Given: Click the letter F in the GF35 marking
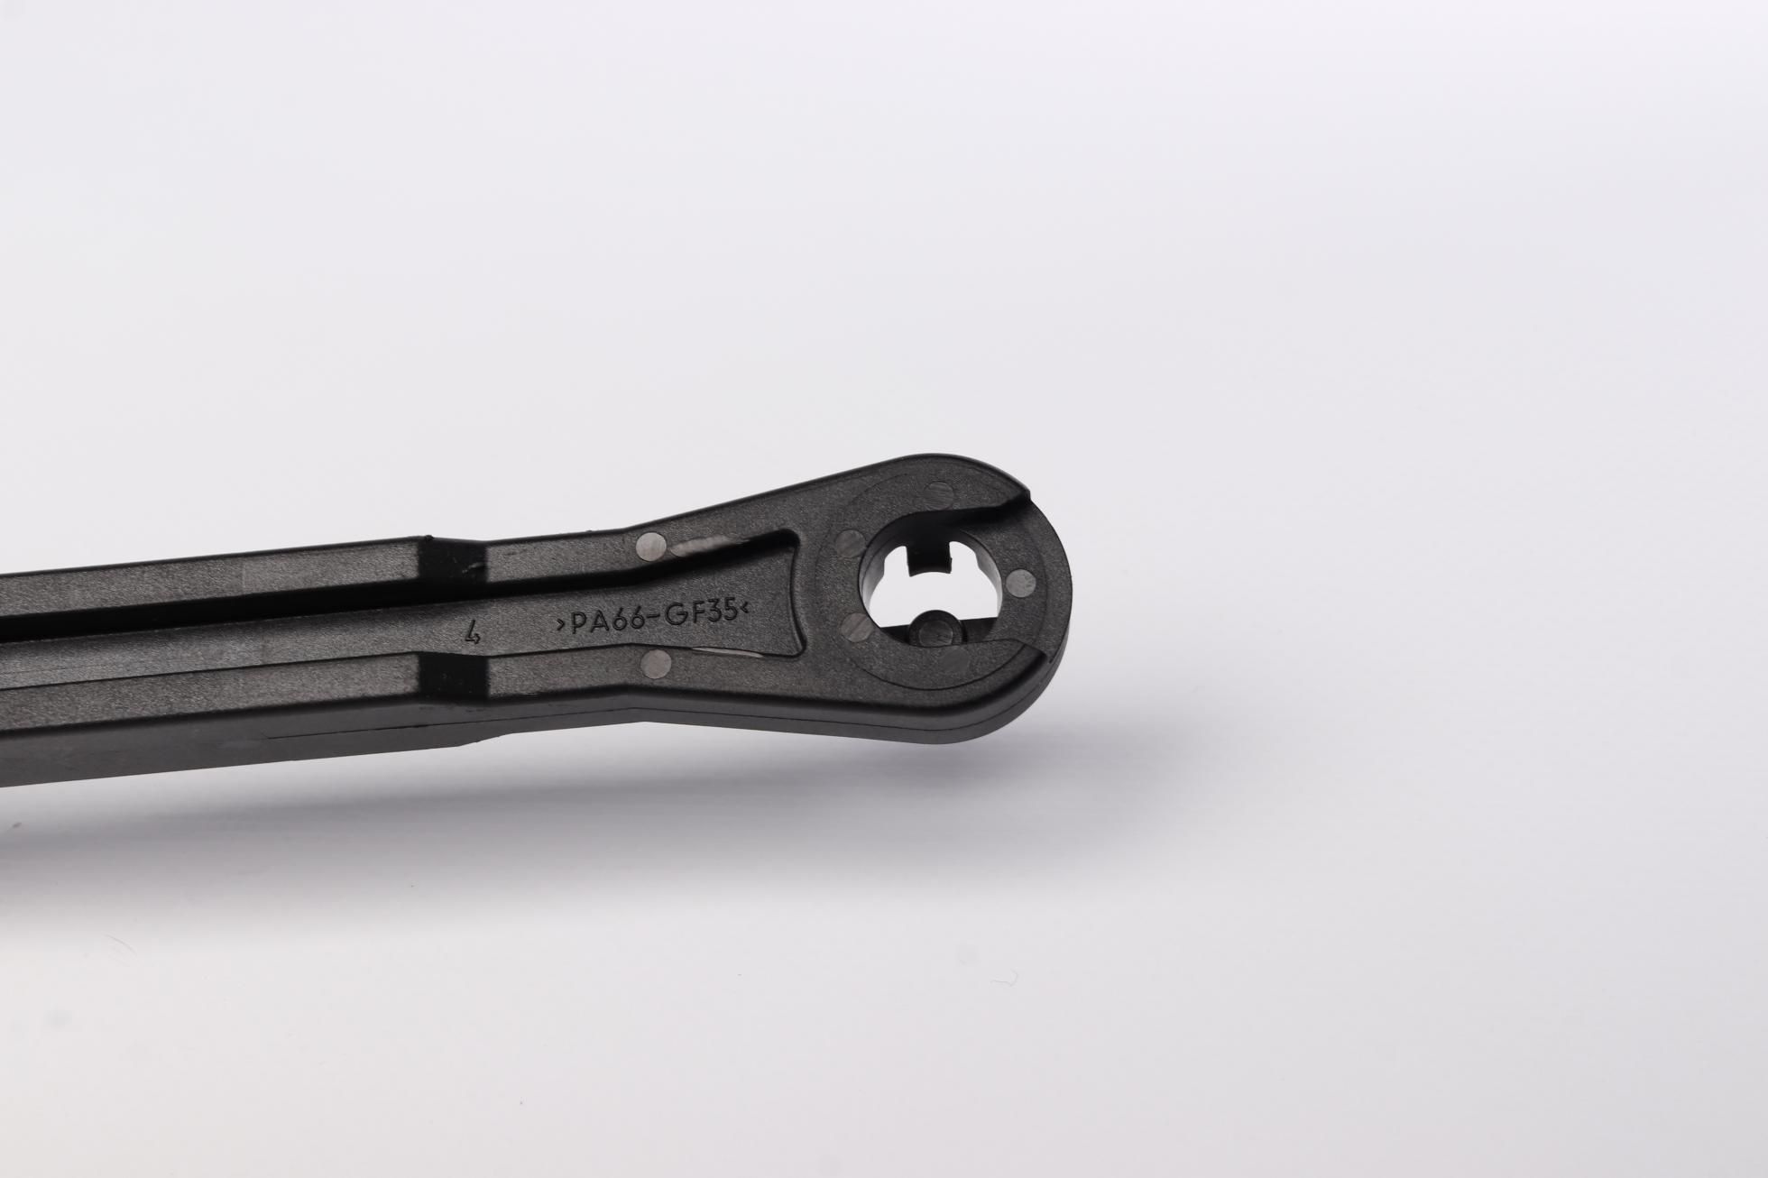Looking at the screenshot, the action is point(690,616).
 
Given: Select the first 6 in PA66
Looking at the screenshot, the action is point(615,622).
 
